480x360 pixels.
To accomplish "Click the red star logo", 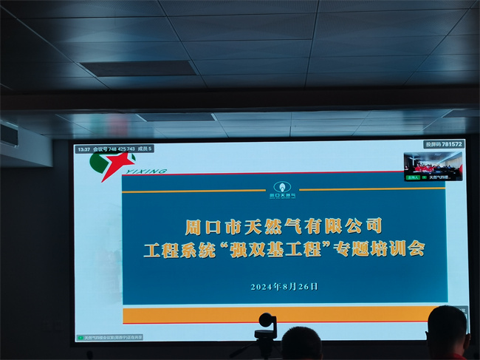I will click(114, 163).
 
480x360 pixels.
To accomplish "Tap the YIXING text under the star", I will click(152, 171).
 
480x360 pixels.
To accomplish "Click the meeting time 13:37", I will click(83, 149).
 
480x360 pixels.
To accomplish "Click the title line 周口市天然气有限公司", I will click(284, 223).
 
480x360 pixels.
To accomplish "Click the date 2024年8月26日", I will click(284, 286).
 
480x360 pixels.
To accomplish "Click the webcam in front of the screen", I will click(265, 322).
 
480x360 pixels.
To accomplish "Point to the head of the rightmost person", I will click(448, 326).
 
